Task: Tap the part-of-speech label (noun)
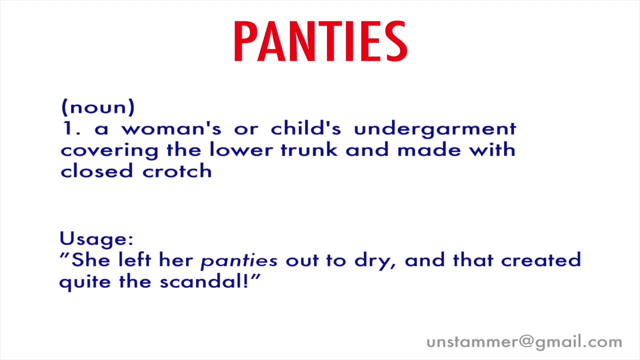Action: pos(98,107)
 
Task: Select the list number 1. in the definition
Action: pos(71,129)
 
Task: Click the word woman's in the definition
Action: pos(171,129)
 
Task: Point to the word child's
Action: pos(306,128)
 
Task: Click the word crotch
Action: pos(177,171)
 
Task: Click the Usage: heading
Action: pos(96,239)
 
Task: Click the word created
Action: pos(541,260)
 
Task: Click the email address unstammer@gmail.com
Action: pos(524,342)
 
